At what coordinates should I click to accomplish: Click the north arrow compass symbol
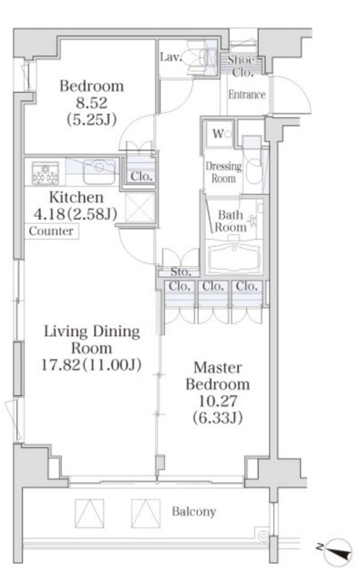click(337, 551)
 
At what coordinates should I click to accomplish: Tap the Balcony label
click(194, 512)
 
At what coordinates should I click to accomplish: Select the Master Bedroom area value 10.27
click(218, 401)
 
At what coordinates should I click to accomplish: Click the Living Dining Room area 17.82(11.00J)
click(91, 364)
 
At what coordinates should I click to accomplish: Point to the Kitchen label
click(77, 197)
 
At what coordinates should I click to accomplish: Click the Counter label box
click(51, 231)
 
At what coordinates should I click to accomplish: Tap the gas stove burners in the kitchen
click(46, 173)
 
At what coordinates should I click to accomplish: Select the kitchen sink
click(99, 171)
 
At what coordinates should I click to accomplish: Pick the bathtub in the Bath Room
click(233, 258)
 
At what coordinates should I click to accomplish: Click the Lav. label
click(170, 56)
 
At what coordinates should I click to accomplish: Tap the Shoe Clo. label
click(242, 66)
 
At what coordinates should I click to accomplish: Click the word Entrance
click(247, 95)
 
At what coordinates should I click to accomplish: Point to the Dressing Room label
click(223, 172)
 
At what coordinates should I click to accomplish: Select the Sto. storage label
click(180, 271)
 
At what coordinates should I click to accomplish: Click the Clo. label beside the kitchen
click(141, 176)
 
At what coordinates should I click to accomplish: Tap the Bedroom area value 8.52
click(91, 103)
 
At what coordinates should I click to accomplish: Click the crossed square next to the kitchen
click(139, 208)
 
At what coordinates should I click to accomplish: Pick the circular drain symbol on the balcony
click(263, 537)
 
